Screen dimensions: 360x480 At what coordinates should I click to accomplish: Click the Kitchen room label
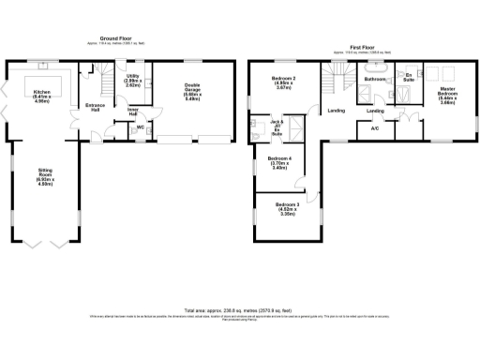[x=42, y=67]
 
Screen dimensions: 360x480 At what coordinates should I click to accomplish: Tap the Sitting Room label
[x=45, y=172]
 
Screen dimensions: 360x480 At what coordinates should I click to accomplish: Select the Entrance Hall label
[x=94, y=108]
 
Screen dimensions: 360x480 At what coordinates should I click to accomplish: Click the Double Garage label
[x=192, y=91]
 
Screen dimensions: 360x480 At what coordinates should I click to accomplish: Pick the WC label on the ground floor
[x=140, y=127]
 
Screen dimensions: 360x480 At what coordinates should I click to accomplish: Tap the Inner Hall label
[x=132, y=112]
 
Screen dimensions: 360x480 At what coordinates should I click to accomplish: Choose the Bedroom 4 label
[x=278, y=162]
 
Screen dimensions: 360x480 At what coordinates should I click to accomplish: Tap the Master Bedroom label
[x=448, y=93]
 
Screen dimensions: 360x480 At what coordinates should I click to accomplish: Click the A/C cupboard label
[x=375, y=127]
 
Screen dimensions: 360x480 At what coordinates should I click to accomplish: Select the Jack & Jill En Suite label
[x=276, y=127]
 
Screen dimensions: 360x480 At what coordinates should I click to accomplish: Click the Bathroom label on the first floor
[x=375, y=80]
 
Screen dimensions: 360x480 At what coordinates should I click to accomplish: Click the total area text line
[x=239, y=308]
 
